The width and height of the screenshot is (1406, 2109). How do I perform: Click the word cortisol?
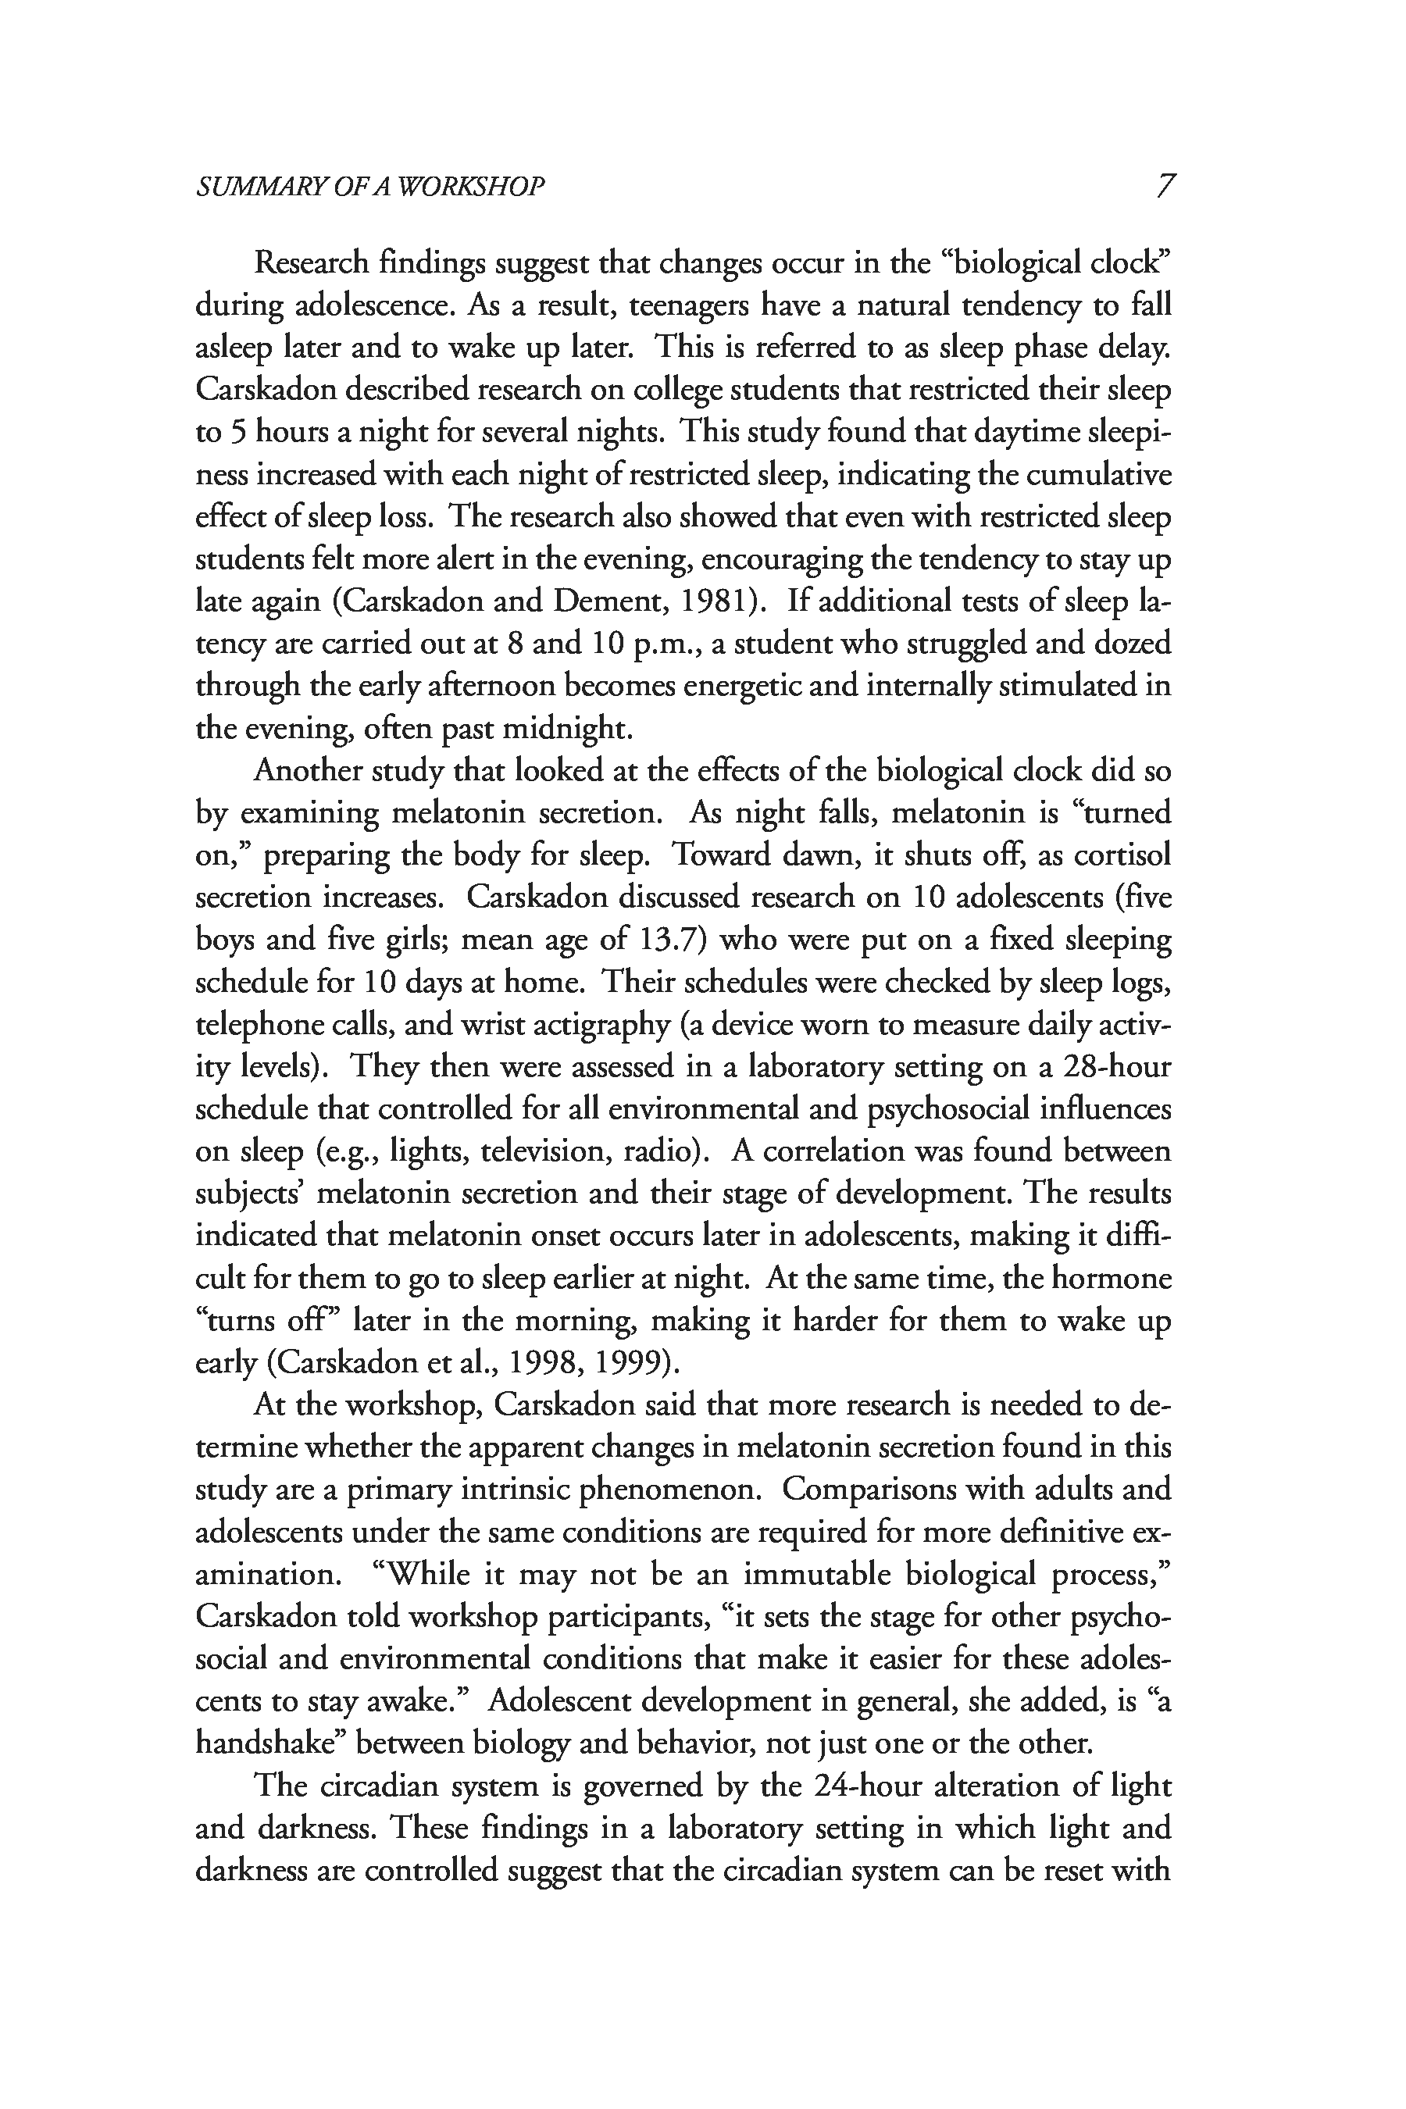1122,855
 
